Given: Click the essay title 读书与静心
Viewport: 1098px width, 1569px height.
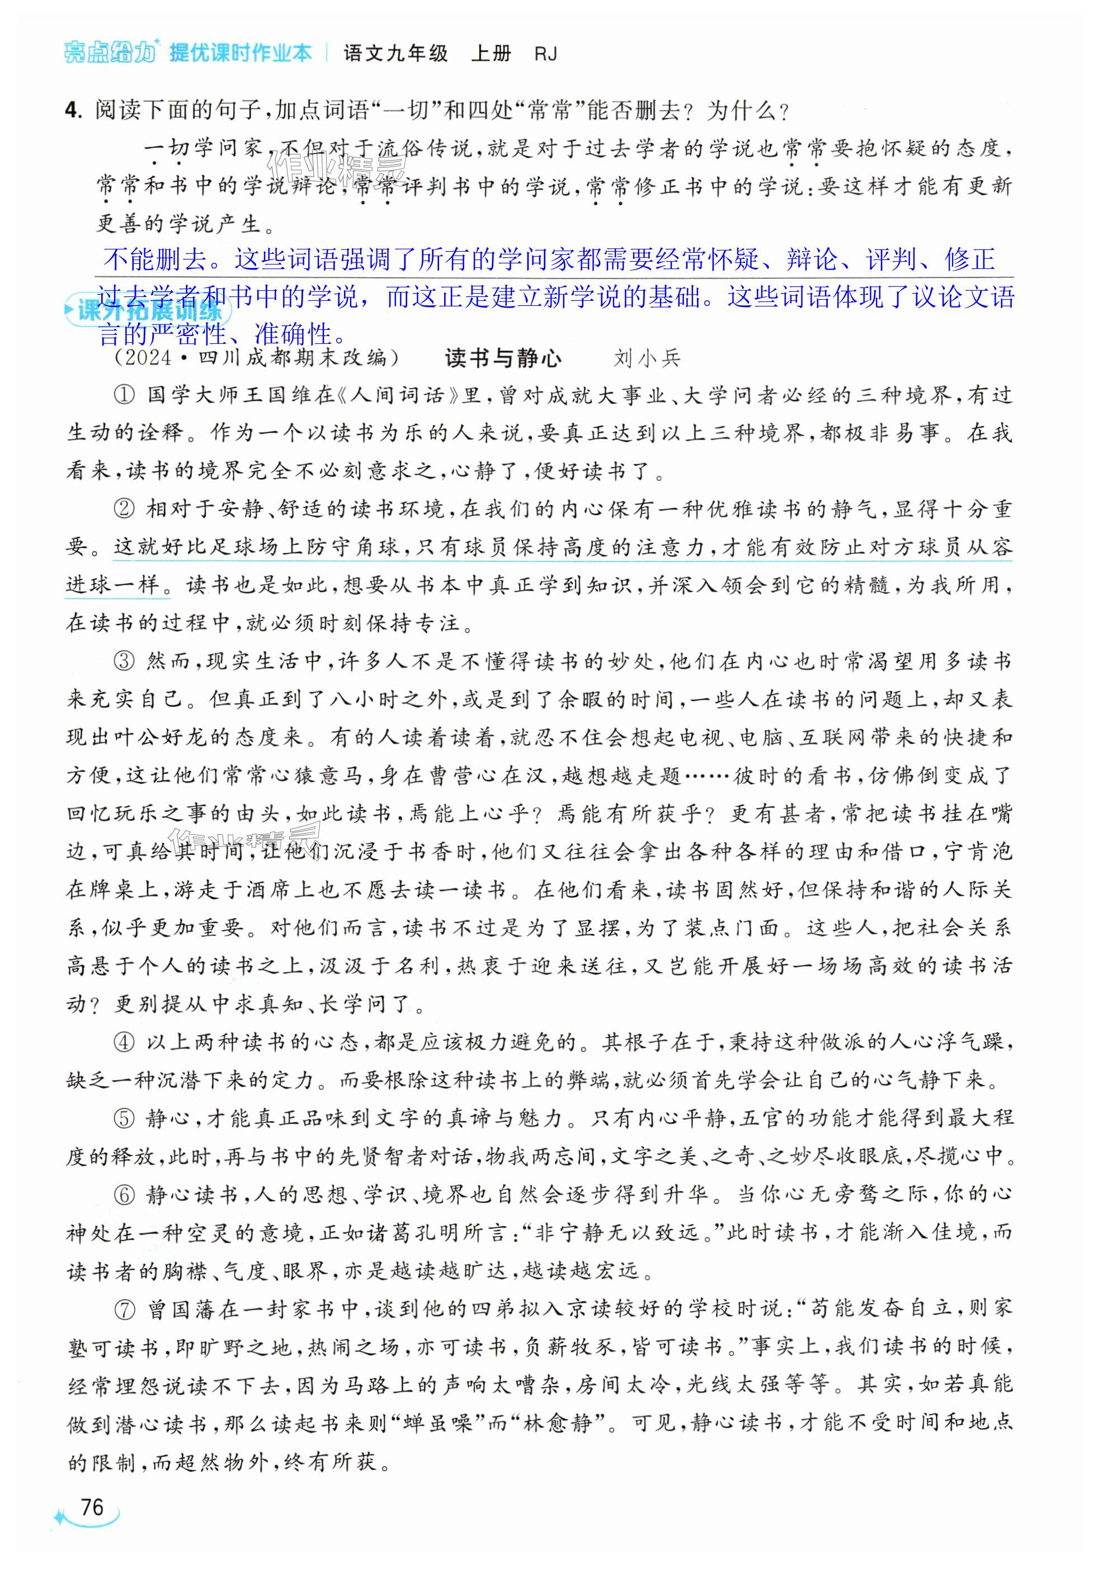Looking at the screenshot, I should coord(502,358).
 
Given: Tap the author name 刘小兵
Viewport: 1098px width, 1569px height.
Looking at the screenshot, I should coord(647,358).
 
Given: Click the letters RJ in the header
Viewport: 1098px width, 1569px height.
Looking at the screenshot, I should coord(545,53).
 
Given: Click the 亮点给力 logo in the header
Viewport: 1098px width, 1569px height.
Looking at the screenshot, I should coord(110,53).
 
